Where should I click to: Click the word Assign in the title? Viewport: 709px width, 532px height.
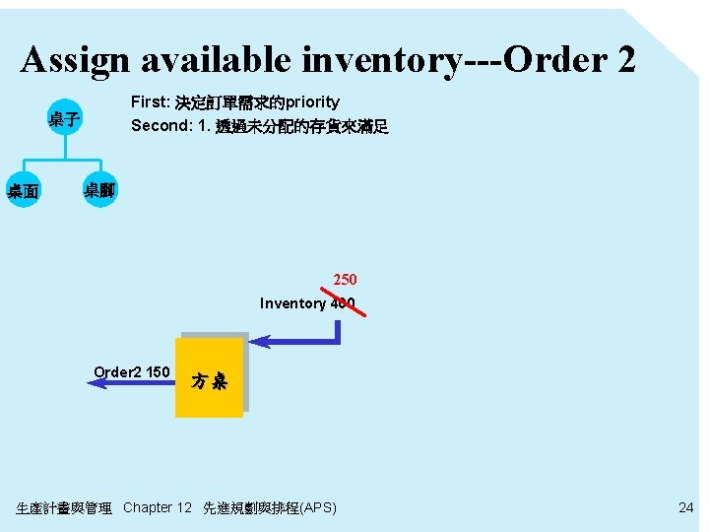click(x=75, y=61)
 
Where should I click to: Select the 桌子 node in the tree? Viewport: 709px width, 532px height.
click(x=65, y=121)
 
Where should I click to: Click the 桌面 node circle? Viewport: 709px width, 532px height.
click(x=24, y=191)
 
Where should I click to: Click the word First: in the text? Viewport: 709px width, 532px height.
click(x=151, y=102)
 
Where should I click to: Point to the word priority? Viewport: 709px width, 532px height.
click(x=312, y=102)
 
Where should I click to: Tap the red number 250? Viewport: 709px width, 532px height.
click(x=345, y=280)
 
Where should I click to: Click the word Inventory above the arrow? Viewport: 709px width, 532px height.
click(x=292, y=303)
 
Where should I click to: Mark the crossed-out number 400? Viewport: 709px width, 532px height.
click(x=343, y=303)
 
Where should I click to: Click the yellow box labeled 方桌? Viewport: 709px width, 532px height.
click(x=209, y=378)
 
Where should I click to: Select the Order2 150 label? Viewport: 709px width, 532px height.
click(x=132, y=371)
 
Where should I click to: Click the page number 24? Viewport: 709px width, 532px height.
click(x=686, y=507)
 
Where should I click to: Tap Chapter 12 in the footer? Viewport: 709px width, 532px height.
click(x=158, y=507)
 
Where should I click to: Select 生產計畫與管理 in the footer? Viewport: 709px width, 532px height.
click(x=64, y=508)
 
